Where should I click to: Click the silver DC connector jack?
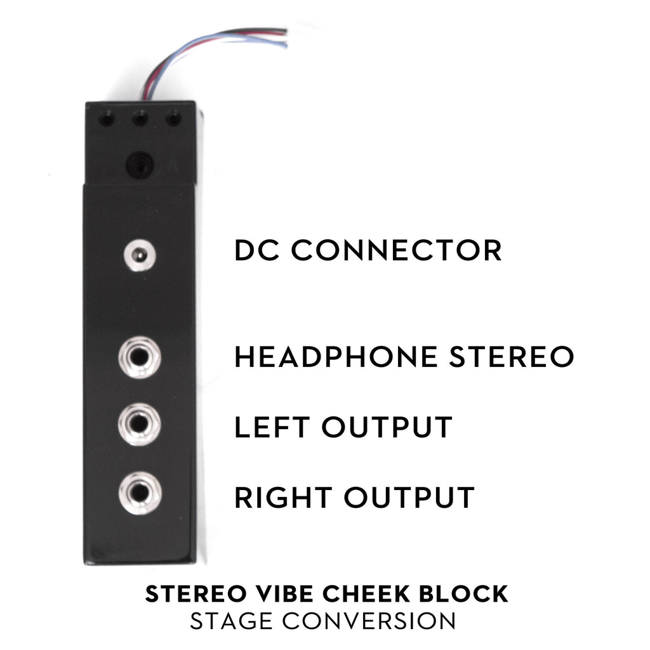pos(140,255)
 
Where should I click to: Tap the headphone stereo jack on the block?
pos(139,357)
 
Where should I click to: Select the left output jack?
pos(139,424)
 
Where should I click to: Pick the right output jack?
pos(140,493)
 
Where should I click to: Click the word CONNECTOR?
pos(396,250)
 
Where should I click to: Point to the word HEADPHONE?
pos(336,357)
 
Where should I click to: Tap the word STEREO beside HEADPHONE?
pos(512,357)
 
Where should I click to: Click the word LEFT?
pos(272,427)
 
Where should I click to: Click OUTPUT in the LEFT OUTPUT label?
pos(387,427)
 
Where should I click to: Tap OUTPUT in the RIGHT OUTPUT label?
pos(409,498)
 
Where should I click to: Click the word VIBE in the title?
pos(284,594)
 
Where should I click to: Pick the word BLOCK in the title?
pos(463,594)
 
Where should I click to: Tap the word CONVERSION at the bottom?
pos(369,621)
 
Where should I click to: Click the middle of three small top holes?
pos(140,119)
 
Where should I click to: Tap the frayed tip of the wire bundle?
pos(286,37)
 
